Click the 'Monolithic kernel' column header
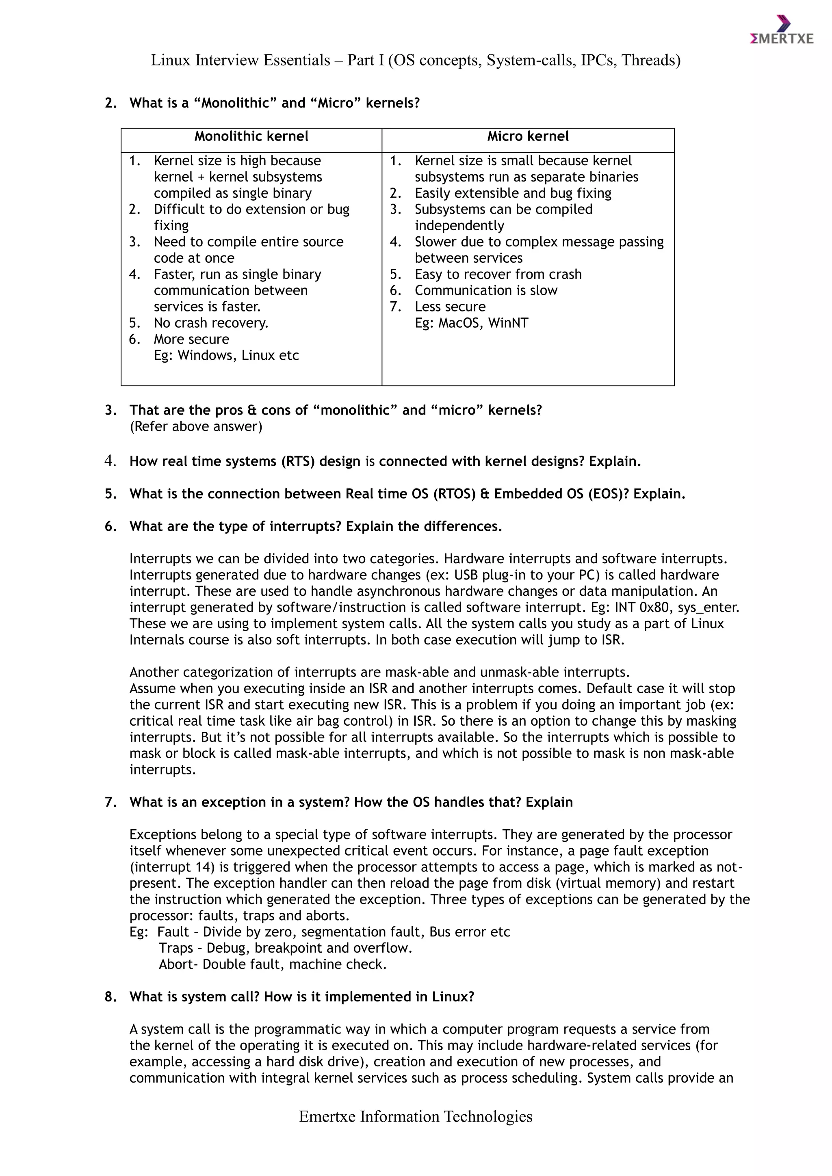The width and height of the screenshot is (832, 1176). coord(251,136)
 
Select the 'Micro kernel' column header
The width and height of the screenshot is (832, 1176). coord(528,136)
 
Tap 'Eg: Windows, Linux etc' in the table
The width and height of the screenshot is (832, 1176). coord(226,355)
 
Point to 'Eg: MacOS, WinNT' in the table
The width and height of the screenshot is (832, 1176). coord(471,323)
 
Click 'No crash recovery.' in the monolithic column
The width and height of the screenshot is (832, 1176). coord(211,323)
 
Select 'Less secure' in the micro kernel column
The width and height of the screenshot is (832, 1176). coord(450,307)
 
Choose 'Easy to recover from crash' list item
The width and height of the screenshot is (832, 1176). coord(498,275)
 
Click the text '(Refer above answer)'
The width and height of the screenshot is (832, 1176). coord(196,427)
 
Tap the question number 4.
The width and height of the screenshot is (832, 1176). coord(110,461)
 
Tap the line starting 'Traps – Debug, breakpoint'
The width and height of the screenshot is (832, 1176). coord(285,948)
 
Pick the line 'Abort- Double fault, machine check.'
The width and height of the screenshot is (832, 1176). coord(273,964)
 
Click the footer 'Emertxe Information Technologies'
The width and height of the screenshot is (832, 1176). coord(416,1117)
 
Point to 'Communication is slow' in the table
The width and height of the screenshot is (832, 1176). coord(486,290)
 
